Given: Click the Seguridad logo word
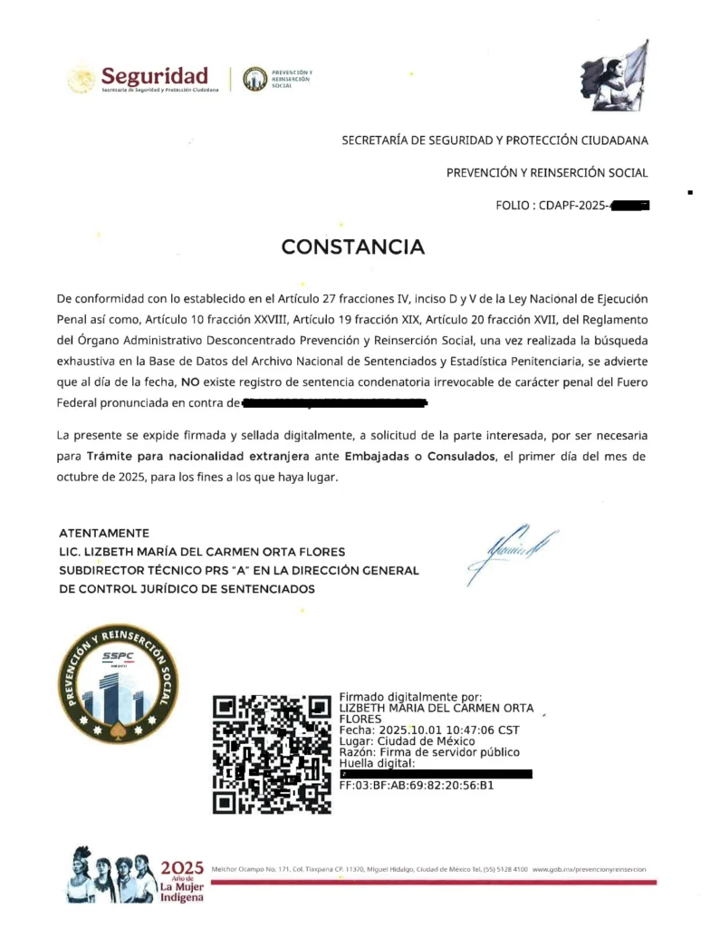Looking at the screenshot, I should coord(155,75).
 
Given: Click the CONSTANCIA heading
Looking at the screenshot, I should coord(352,246).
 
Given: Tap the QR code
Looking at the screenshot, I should coord(272,754).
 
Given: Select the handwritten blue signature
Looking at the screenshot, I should coord(511,547).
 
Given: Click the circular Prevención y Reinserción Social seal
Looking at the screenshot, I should coord(115,678).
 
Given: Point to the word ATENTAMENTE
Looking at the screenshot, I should coord(104,533).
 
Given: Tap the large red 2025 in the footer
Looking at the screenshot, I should coord(182,869).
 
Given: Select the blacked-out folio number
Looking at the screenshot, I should coord(630,206).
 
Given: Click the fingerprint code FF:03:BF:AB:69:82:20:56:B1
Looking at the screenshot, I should coord(416,786).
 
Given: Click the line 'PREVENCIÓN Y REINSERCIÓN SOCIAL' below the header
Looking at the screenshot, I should coord(547,172).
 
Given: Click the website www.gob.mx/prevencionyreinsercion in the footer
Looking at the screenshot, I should coord(590,869).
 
